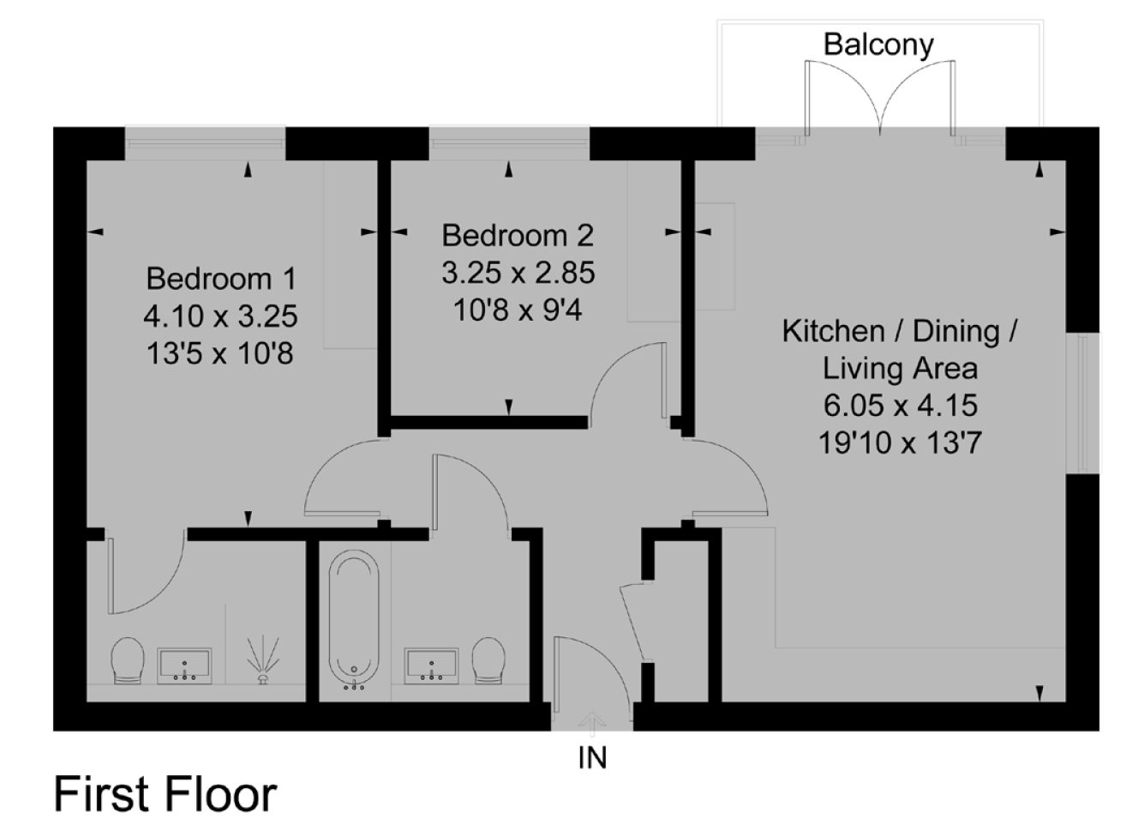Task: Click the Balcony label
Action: point(878,45)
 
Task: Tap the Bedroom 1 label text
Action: point(221,279)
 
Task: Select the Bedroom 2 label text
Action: point(518,236)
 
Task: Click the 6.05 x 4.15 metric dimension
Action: point(901,406)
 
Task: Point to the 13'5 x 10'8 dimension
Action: point(220,353)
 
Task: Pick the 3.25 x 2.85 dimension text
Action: point(518,273)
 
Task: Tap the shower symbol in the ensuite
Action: point(263,659)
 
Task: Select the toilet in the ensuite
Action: point(128,660)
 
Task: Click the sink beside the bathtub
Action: point(432,665)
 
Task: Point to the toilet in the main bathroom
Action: point(488,660)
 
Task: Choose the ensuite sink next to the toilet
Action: point(184,665)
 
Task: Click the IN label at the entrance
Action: point(592,758)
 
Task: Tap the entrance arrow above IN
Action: point(592,724)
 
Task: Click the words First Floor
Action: point(165,794)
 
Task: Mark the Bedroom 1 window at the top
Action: point(206,137)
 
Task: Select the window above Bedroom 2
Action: point(509,137)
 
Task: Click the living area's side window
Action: point(1082,403)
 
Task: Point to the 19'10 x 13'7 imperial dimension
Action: point(900,443)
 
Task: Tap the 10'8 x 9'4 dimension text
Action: point(518,310)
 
